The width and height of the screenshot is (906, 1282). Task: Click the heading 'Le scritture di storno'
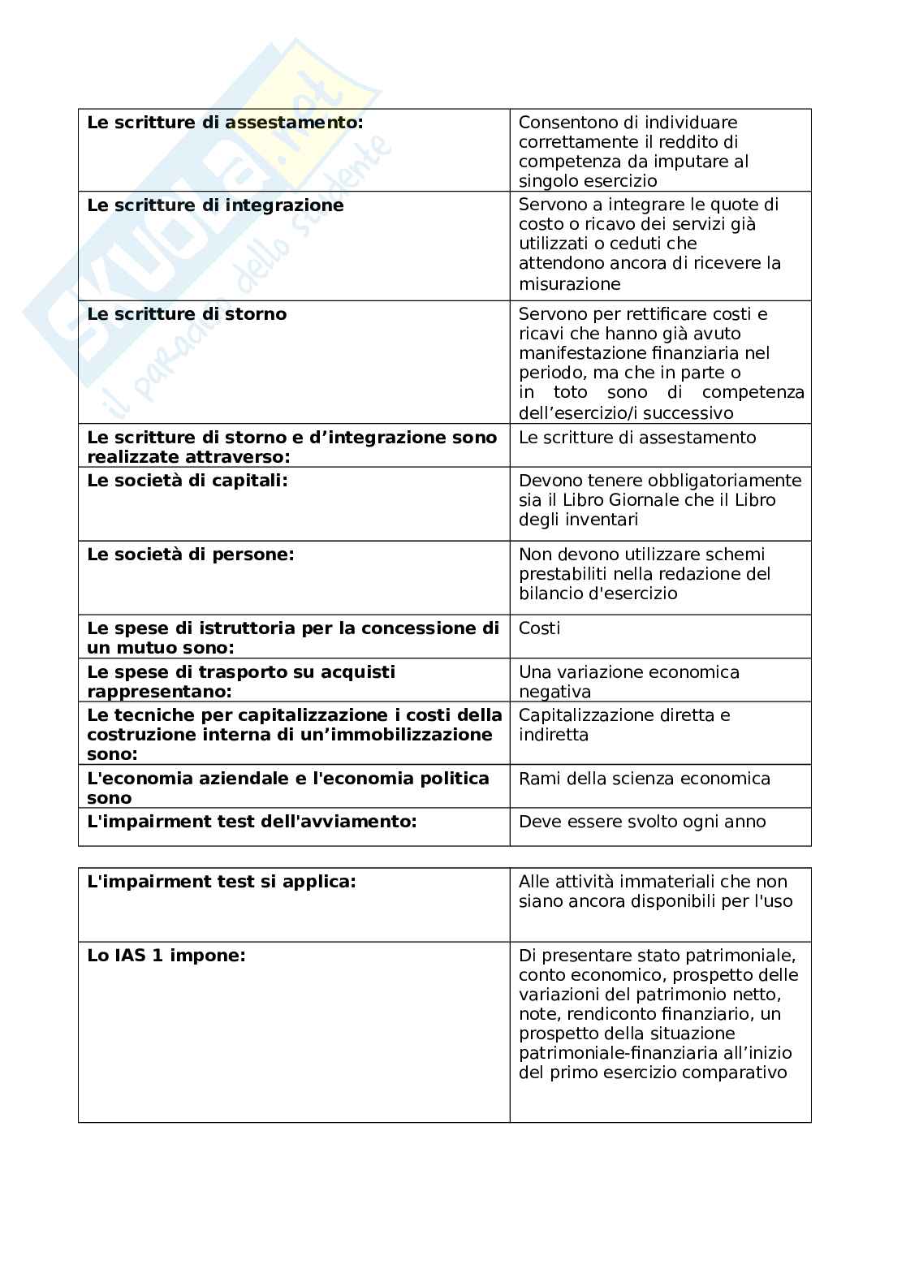tap(187, 314)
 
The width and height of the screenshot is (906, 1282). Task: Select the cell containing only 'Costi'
tap(539, 628)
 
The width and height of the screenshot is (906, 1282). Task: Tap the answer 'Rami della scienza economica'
tap(644, 779)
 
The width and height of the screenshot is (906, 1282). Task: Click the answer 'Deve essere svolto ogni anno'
tap(641, 822)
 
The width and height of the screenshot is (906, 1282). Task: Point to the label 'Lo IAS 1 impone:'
tap(166, 956)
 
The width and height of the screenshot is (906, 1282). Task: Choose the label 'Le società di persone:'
tap(190, 555)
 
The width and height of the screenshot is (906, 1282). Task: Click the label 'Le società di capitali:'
tap(187, 481)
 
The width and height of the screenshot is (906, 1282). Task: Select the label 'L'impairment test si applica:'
tap(221, 882)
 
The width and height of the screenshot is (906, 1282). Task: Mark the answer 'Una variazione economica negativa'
tap(628, 682)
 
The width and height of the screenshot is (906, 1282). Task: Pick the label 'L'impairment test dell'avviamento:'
tap(252, 822)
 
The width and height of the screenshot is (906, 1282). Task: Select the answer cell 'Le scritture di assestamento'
tap(636, 438)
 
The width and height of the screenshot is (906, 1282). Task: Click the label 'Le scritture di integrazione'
tap(215, 205)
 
